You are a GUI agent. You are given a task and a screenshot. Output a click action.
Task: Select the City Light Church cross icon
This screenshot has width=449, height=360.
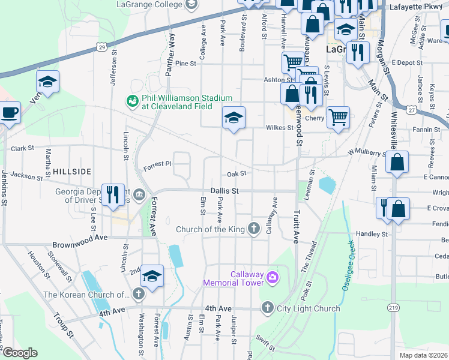point(268,308)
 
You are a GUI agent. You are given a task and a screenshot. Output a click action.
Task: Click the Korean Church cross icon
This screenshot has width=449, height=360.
point(139,294)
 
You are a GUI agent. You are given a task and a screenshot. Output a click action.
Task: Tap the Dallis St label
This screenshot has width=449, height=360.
point(225,191)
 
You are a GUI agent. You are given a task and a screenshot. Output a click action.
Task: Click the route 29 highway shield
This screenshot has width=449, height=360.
point(103,47)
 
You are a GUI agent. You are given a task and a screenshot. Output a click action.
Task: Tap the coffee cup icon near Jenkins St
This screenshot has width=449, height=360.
point(9,112)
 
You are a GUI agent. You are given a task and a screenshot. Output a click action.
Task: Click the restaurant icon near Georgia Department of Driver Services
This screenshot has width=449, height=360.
point(113,194)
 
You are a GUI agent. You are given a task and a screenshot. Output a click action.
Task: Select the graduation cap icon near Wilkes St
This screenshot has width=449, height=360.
point(234,117)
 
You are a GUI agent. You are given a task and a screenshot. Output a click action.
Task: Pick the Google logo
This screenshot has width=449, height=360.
point(20,353)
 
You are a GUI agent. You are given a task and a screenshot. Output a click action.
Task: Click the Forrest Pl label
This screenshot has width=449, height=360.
point(160,163)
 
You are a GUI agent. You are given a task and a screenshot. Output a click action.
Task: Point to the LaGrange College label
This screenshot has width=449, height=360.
point(150,5)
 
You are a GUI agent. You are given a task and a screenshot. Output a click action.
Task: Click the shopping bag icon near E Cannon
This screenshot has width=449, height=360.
point(397,162)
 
